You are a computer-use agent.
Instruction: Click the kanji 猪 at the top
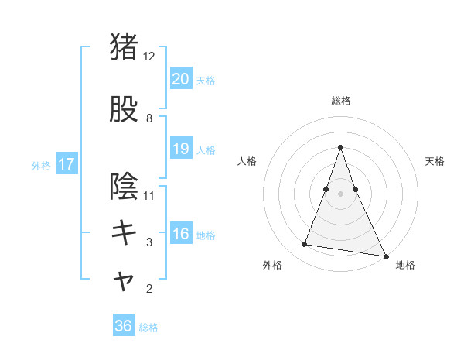(x=124, y=46)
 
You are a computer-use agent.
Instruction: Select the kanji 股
(x=124, y=110)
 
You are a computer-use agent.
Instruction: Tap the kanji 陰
(x=124, y=186)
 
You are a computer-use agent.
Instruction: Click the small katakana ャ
(x=124, y=282)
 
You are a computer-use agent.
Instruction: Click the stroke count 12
(x=149, y=57)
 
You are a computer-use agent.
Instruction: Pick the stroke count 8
(x=149, y=118)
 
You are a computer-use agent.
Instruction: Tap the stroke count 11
(x=149, y=195)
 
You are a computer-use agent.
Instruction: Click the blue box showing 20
(x=180, y=78)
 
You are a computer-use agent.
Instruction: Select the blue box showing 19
(x=180, y=149)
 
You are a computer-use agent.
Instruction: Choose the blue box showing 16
(x=180, y=235)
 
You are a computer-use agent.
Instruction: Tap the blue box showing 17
(x=66, y=164)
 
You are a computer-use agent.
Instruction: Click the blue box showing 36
(x=123, y=326)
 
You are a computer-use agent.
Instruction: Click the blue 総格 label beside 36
(x=148, y=328)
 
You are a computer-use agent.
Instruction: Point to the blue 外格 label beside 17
(x=41, y=165)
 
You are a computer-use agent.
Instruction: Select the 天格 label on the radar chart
(x=435, y=161)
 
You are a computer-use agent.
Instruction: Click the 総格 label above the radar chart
(x=340, y=101)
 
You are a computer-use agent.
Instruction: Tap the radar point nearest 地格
(x=384, y=256)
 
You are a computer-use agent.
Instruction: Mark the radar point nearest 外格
(x=305, y=245)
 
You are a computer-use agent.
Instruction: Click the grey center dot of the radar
(x=340, y=194)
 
